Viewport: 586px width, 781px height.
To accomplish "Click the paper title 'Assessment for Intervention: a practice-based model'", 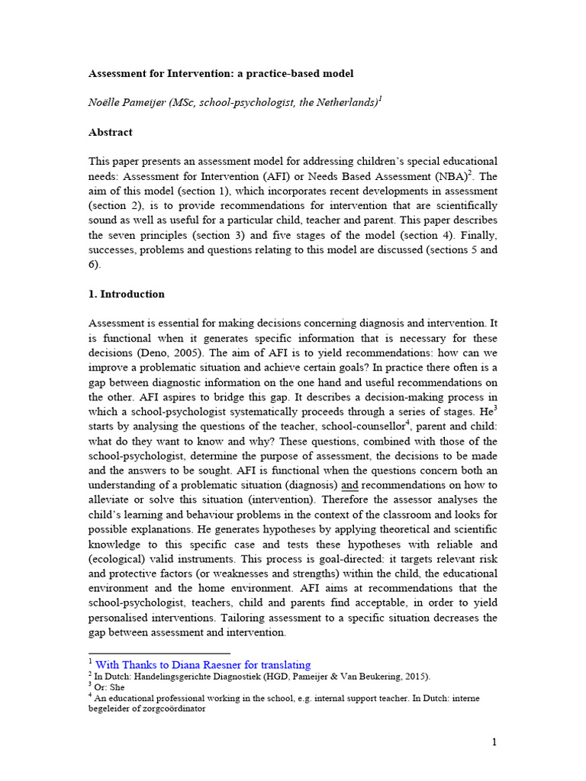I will [x=221, y=74].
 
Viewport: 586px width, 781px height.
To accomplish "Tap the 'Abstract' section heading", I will [x=111, y=132].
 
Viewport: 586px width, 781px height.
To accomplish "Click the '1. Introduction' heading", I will [x=127, y=294].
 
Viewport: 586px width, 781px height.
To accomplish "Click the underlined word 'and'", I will [x=349, y=485].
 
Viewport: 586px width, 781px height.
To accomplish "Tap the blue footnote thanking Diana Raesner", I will [x=203, y=664].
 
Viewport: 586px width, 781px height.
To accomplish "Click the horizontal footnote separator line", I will [x=159, y=654].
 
